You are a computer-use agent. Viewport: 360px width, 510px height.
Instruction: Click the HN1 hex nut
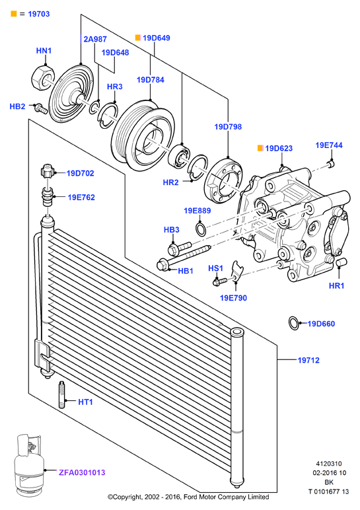42,78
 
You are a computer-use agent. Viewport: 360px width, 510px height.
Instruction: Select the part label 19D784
150,80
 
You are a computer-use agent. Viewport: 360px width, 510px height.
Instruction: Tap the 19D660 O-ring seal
294,323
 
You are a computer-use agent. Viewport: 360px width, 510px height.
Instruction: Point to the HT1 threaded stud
61,394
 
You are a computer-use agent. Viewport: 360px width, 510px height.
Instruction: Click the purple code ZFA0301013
82,472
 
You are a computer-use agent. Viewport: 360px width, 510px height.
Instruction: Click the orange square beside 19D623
260,149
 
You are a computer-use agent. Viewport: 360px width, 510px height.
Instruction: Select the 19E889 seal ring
201,229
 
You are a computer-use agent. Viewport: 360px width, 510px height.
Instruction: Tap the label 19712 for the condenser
308,360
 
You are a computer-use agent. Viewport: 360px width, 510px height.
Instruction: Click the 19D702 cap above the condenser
47,172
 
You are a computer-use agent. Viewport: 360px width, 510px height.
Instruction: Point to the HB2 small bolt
41,108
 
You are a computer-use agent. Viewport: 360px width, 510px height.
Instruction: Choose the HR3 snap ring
108,116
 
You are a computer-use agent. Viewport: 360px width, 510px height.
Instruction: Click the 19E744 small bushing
331,163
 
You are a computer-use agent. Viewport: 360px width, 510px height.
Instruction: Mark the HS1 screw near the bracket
221,280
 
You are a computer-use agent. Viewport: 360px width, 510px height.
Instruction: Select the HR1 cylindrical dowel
342,262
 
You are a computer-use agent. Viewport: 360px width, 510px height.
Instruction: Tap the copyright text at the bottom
188,497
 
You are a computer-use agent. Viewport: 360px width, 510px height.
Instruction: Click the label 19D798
228,127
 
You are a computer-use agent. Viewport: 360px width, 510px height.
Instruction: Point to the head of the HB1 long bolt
163,264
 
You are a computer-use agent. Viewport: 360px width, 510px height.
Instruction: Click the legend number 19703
39,14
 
